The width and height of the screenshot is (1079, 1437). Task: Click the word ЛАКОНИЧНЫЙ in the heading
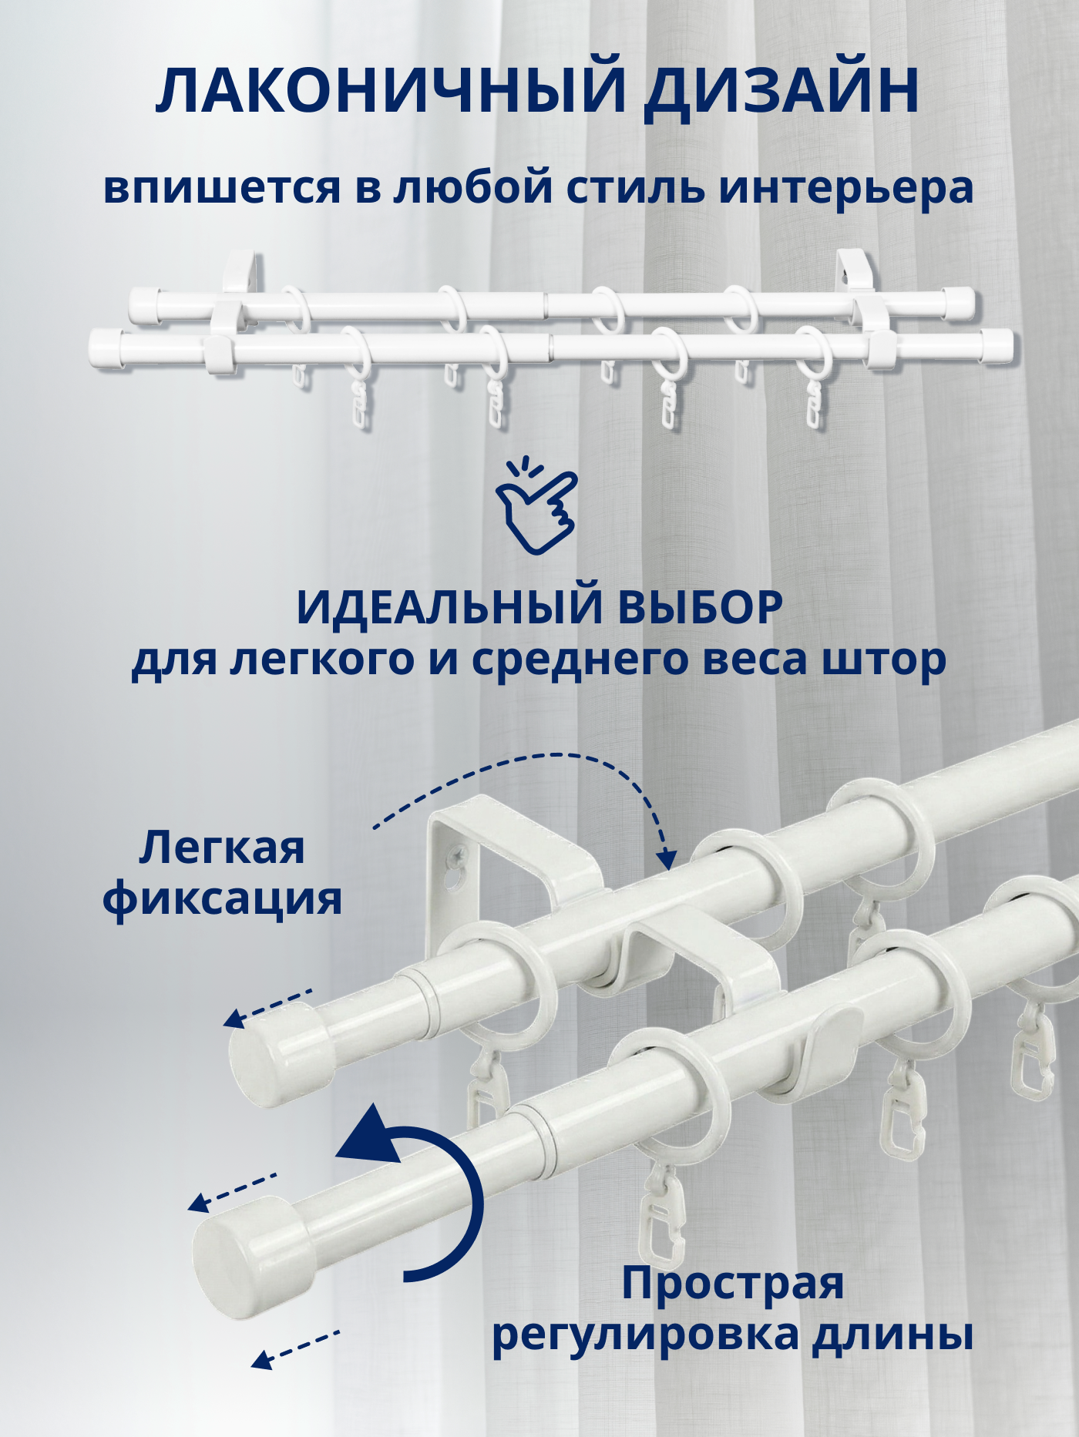point(390,92)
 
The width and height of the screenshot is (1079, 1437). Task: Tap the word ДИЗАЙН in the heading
point(782,92)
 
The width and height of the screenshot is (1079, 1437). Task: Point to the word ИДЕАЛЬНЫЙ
point(450,608)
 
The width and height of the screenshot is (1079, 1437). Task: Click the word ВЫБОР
point(699,608)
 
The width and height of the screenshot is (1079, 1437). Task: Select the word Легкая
point(222,848)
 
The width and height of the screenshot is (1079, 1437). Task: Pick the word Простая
point(733,1284)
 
